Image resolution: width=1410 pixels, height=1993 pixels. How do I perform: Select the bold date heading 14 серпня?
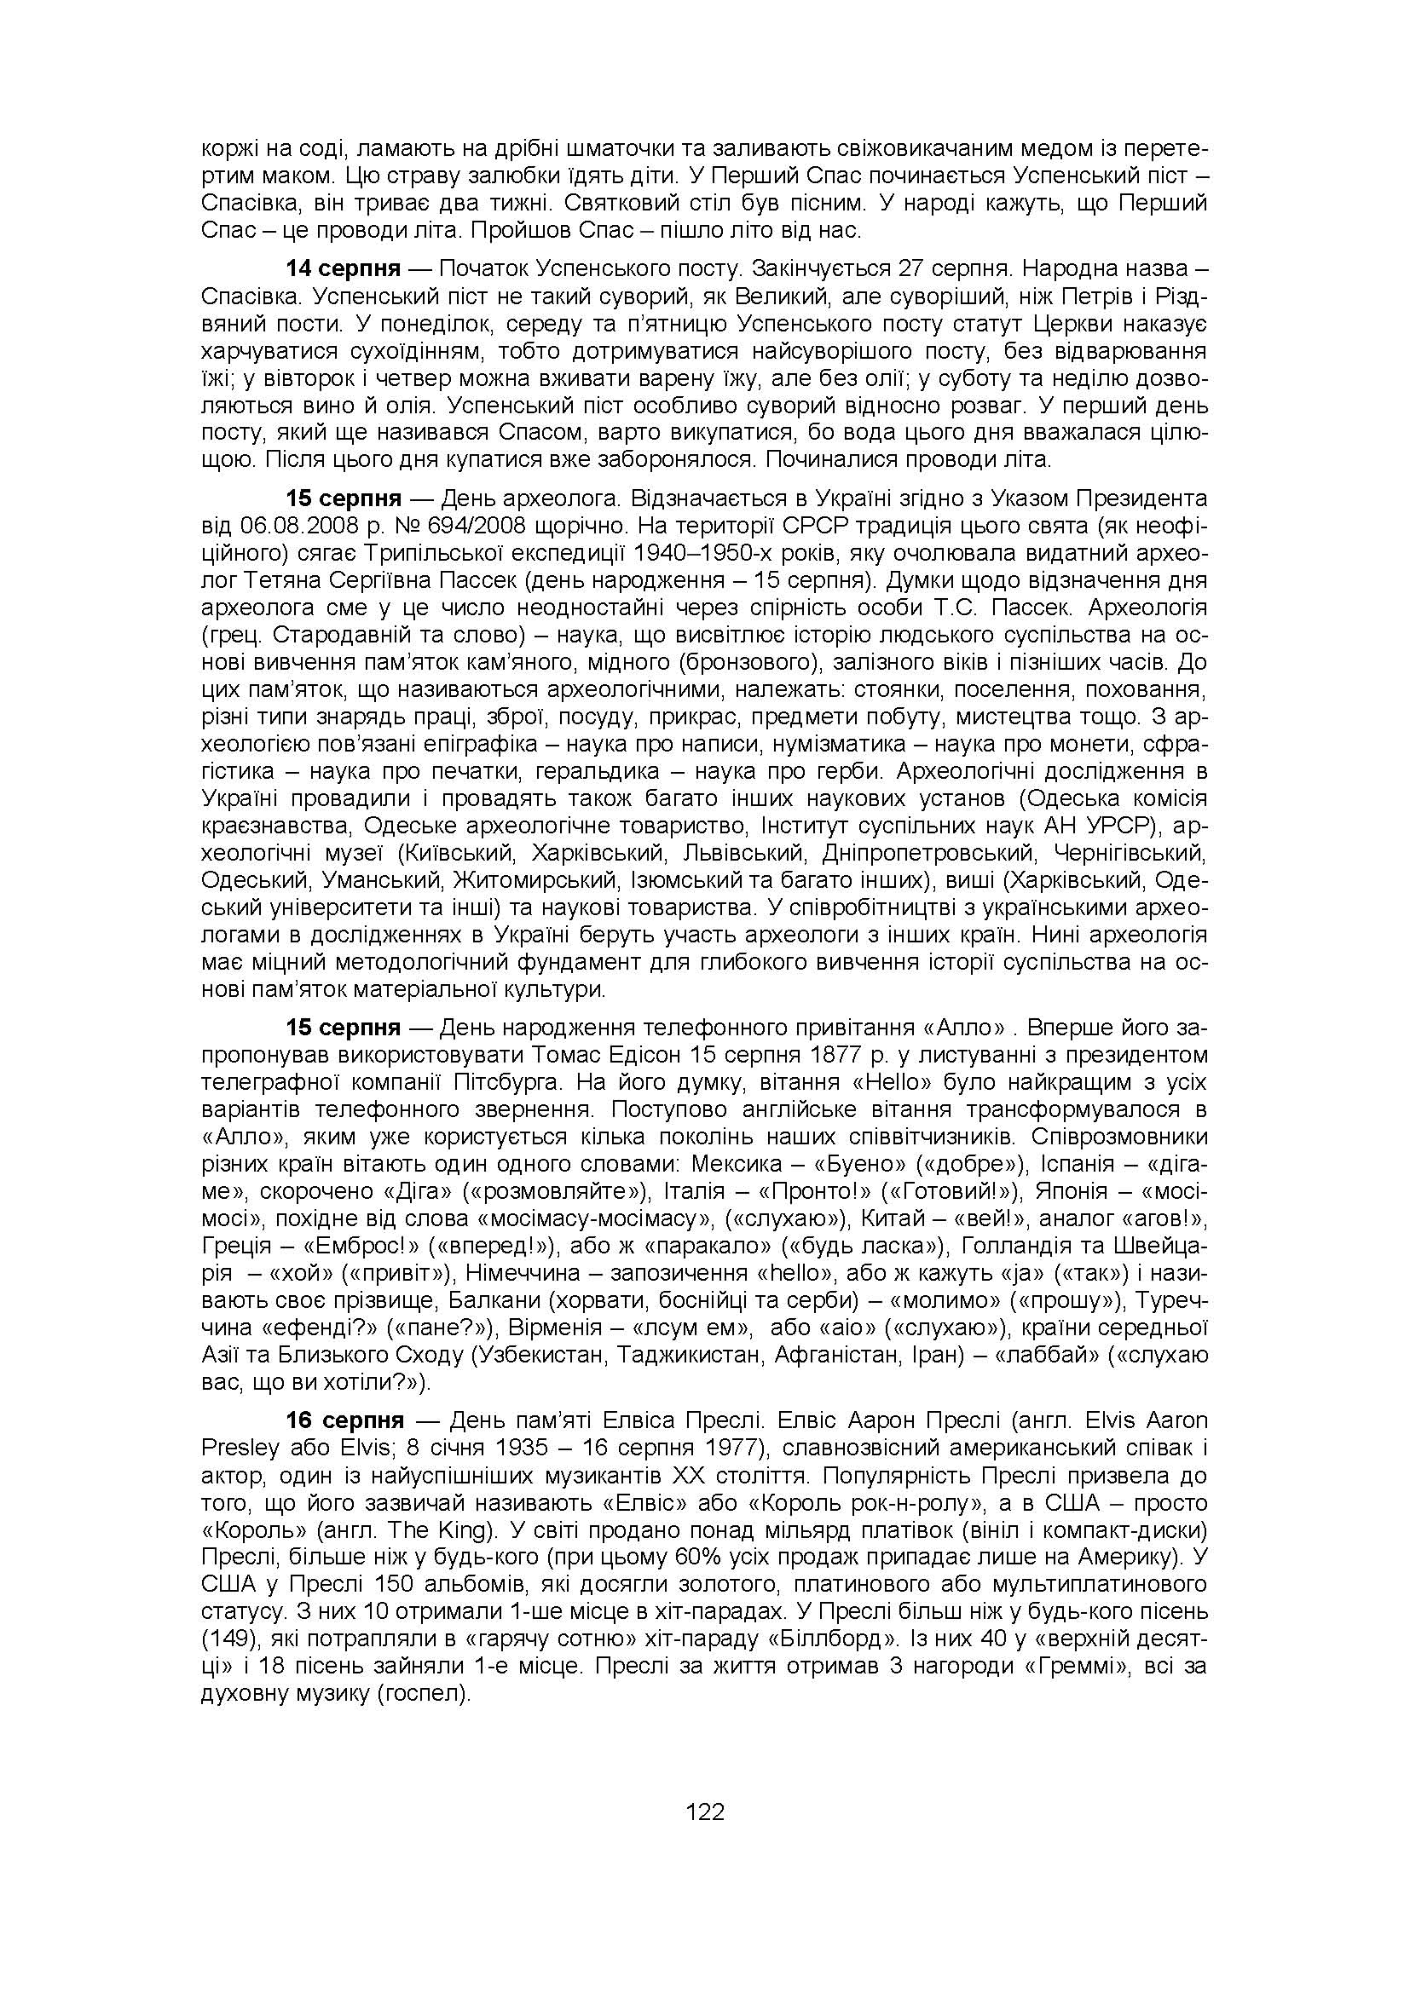[x=344, y=267]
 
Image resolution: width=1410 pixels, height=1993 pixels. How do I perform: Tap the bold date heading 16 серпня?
[x=344, y=1421]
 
